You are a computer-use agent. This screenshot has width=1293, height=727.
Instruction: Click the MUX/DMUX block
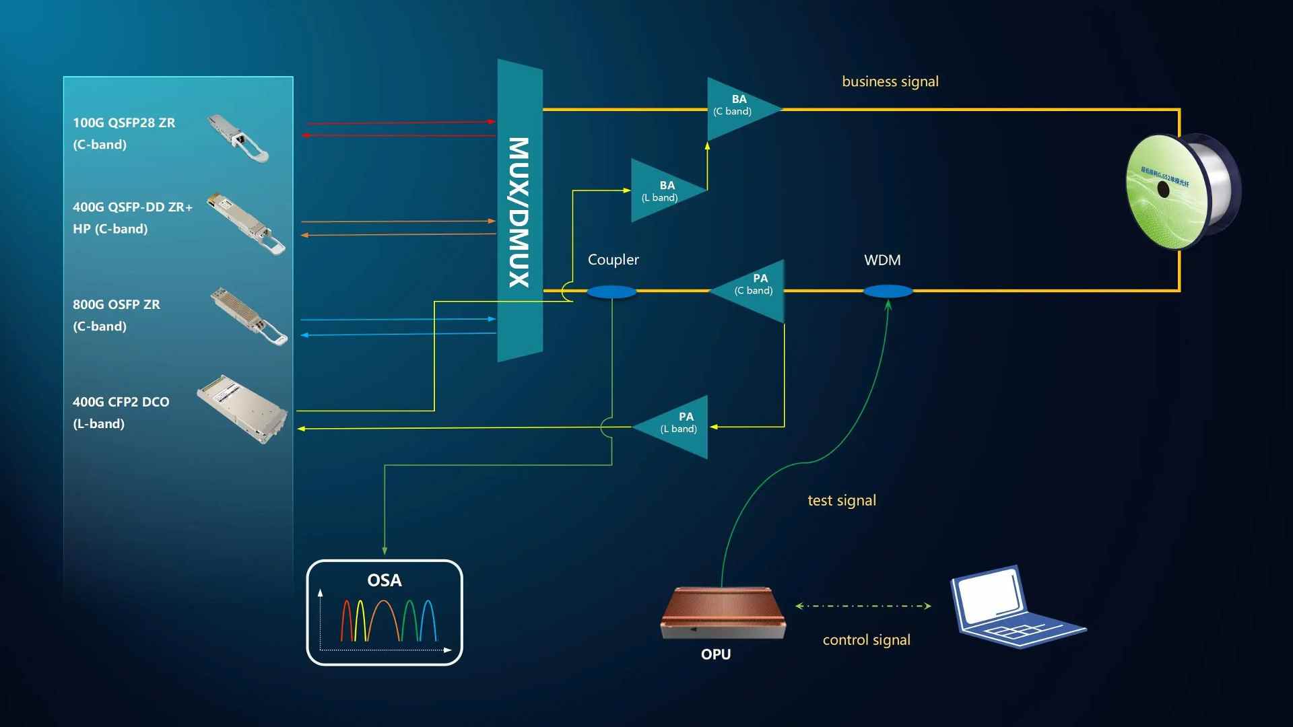pyautogui.click(x=520, y=211)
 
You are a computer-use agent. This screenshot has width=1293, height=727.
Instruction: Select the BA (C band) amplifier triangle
pyautogui.click(x=737, y=108)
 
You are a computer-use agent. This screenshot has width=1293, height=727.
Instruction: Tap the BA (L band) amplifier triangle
pyautogui.click(x=663, y=191)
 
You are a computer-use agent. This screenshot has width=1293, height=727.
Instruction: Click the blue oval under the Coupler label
pyautogui.click(x=611, y=291)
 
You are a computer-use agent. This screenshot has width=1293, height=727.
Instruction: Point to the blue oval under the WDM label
pyautogui.click(x=888, y=291)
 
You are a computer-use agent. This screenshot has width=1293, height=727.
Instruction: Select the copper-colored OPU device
pyautogui.click(x=723, y=613)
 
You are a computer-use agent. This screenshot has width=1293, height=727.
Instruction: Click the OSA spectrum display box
pyautogui.click(x=385, y=613)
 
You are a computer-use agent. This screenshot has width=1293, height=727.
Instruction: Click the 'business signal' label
pyautogui.click(x=890, y=81)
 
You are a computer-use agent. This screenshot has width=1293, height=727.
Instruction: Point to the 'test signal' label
pyautogui.click(x=842, y=500)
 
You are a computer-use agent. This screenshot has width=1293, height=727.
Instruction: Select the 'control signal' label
pyautogui.click(x=866, y=639)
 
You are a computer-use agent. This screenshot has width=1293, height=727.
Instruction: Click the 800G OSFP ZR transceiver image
pyautogui.click(x=248, y=316)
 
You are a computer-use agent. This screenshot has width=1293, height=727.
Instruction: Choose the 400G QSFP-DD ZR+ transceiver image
pyautogui.click(x=246, y=225)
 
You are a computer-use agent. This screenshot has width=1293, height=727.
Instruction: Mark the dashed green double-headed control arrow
pyautogui.click(x=863, y=606)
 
